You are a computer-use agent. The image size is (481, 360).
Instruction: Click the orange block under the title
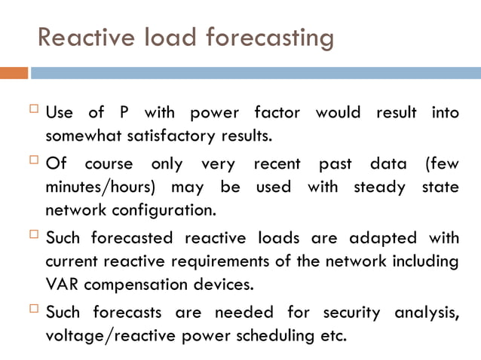(x=14, y=73)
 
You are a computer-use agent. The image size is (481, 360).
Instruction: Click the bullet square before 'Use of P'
(x=34, y=111)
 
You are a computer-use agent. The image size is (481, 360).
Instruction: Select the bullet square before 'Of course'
(x=34, y=160)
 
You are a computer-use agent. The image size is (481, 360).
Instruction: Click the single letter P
(x=123, y=113)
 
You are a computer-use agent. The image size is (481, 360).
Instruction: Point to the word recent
(x=277, y=163)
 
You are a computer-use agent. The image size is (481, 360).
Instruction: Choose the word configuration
(x=164, y=209)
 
